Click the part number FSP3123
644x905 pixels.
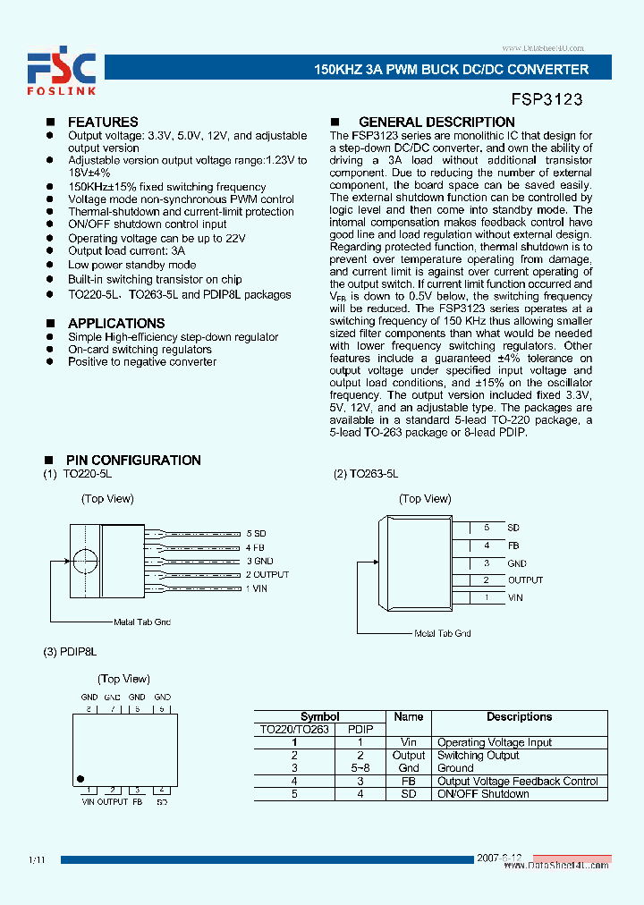tap(547, 97)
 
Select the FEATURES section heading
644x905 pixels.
tap(103, 122)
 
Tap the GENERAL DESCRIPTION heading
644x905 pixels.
tap(436, 122)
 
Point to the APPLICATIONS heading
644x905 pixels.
tap(116, 323)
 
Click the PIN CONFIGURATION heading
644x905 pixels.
tap(133, 460)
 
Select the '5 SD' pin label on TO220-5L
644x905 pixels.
tap(256, 533)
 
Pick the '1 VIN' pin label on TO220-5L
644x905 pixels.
tap(256, 588)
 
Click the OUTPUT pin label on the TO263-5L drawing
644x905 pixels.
tap(525, 579)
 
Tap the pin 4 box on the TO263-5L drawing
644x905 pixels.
tap(487, 546)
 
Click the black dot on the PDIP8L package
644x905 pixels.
tap(81, 779)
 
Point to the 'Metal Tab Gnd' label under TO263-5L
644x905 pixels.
tap(442, 633)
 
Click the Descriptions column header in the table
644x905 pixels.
tap(519, 716)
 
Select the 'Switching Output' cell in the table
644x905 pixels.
tap(478, 756)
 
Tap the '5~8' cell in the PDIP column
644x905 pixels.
tap(360, 768)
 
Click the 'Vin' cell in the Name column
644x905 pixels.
tap(408, 742)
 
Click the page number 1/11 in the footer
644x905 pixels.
tap(37, 859)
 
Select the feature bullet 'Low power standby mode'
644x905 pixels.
tap(131, 266)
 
